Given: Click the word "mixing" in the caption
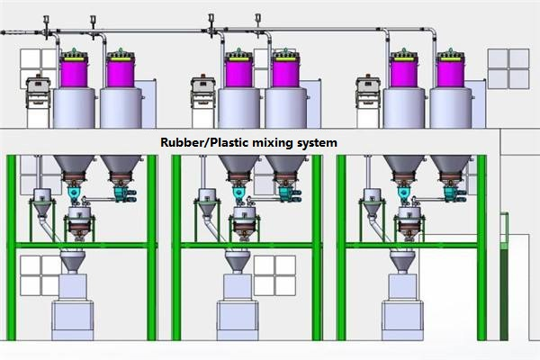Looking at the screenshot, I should pos(275,143).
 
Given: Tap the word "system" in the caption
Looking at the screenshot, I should pos(319,143).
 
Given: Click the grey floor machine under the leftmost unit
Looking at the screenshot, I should pos(73,310).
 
